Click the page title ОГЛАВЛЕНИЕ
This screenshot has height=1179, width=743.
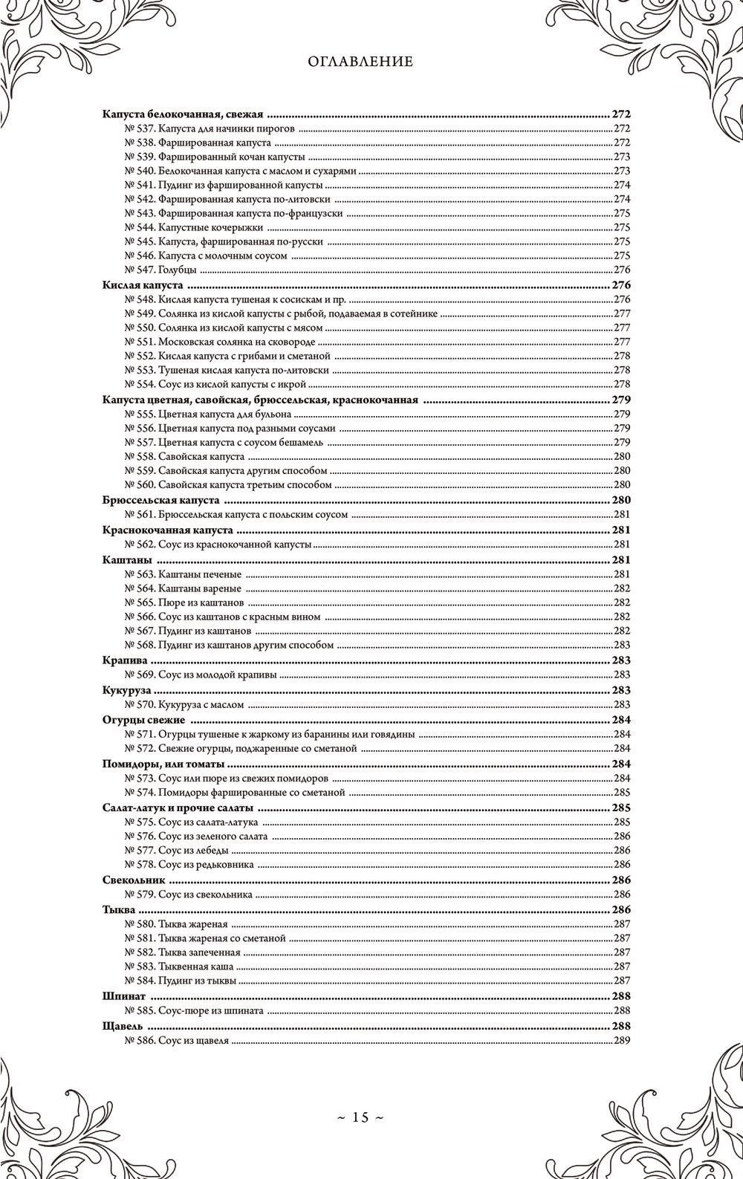point(360,62)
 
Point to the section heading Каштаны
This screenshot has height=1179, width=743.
point(127,559)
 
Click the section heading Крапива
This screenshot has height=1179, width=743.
point(126,660)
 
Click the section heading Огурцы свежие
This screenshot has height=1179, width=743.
point(143,719)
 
